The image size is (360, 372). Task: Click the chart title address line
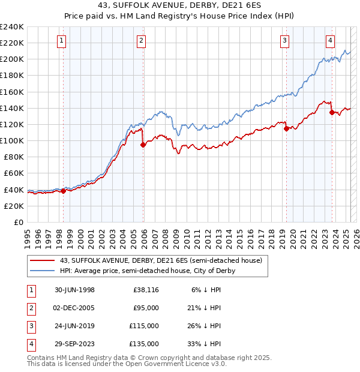[180, 7]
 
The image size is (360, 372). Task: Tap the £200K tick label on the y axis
[12, 59]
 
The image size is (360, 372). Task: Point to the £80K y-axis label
[13, 157]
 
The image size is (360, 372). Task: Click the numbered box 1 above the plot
[63, 41]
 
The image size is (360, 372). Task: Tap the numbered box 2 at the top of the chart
[141, 41]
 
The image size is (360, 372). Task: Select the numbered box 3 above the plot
[284, 41]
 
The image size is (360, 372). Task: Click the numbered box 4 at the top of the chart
[331, 41]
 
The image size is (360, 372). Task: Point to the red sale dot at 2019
[286, 128]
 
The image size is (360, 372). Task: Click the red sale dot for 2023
[332, 112]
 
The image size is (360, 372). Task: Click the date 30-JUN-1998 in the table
[74, 290]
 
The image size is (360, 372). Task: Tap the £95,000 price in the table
[146, 308]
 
